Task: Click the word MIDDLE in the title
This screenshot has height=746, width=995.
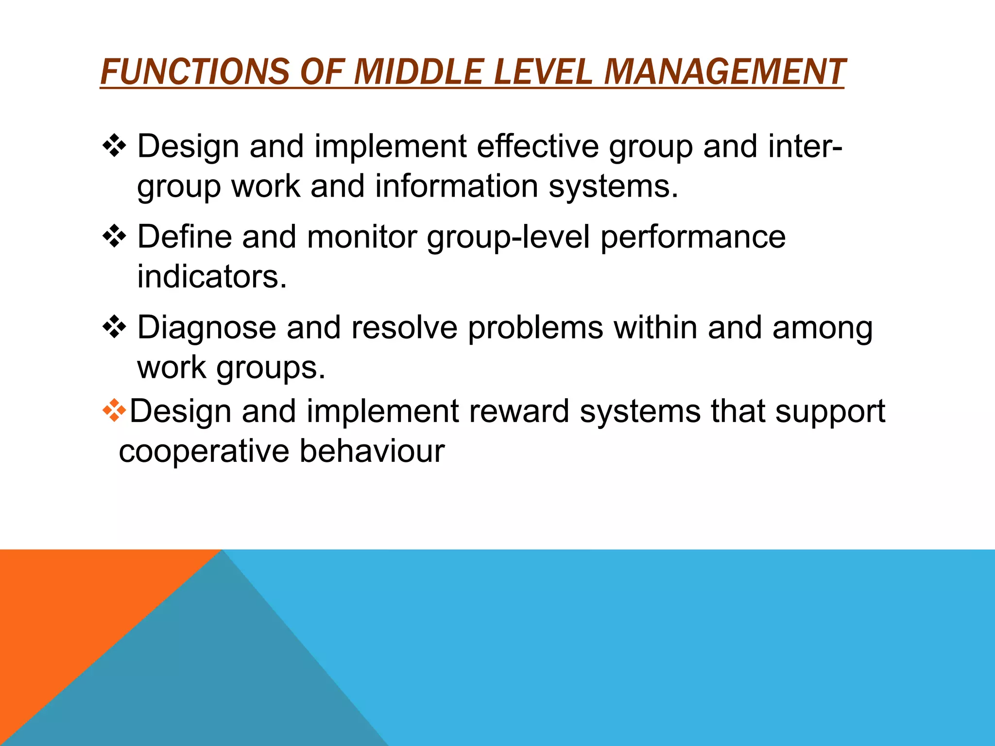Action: pos(418,72)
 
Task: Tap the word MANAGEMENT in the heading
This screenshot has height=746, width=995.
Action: pos(724,72)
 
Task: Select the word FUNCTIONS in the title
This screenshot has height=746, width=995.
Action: pos(194,72)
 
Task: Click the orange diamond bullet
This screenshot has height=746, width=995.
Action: pos(115,410)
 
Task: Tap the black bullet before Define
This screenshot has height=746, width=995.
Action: pos(115,237)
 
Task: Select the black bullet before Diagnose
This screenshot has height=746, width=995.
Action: pos(115,327)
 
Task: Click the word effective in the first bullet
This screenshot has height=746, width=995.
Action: pos(537,146)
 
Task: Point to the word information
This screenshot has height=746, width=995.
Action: pos(456,186)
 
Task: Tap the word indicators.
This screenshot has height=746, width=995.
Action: pos(212,277)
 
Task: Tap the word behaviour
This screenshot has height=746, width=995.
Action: pos(372,451)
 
